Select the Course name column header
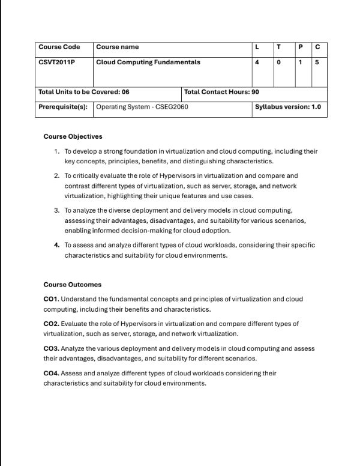coord(117,47)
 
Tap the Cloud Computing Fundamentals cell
coord(148,62)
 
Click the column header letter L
coord(257,47)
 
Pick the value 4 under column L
coord(257,62)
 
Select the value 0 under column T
coord(278,62)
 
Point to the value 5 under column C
coord(317,62)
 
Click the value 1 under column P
coord(299,62)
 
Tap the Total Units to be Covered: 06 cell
coord(83,92)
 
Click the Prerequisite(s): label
coord(62,107)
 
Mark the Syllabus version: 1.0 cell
coord(288,107)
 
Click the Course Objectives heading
coord(73,136)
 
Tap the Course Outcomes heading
coord(72,285)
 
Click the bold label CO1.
coord(51,299)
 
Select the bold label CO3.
coord(51,348)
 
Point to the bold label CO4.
coord(51,373)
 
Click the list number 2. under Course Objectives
coord(57,176)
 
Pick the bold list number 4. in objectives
coord(57,245)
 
